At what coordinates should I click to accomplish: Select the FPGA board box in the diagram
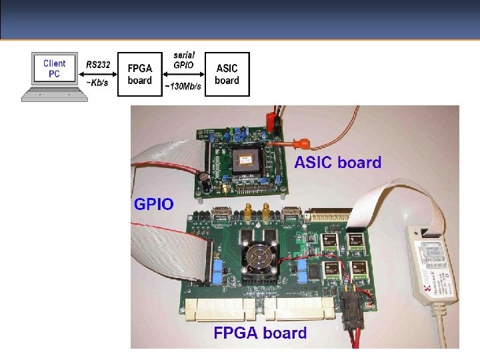tap(140, 74)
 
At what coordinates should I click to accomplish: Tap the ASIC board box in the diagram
tap(227, 74)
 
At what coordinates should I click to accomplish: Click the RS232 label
tap(99, 65)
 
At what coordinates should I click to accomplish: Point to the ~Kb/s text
tap(97, 83)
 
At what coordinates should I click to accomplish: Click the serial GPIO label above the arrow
tap(183, 59)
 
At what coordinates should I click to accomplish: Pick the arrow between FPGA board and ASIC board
tap(183, 75)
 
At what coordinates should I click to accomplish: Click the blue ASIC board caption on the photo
tap(337, 162)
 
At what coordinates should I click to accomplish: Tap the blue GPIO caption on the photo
tap(154, 203)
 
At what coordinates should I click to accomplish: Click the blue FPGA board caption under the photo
tap(260, 333)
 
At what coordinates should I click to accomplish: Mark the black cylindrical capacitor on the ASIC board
tap(203, 179)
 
